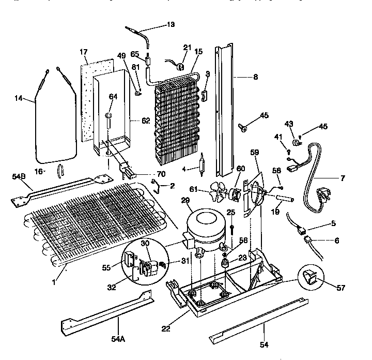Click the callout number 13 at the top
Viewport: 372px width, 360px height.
click(171, 24)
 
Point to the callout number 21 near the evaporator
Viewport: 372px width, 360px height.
click(187, 48)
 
